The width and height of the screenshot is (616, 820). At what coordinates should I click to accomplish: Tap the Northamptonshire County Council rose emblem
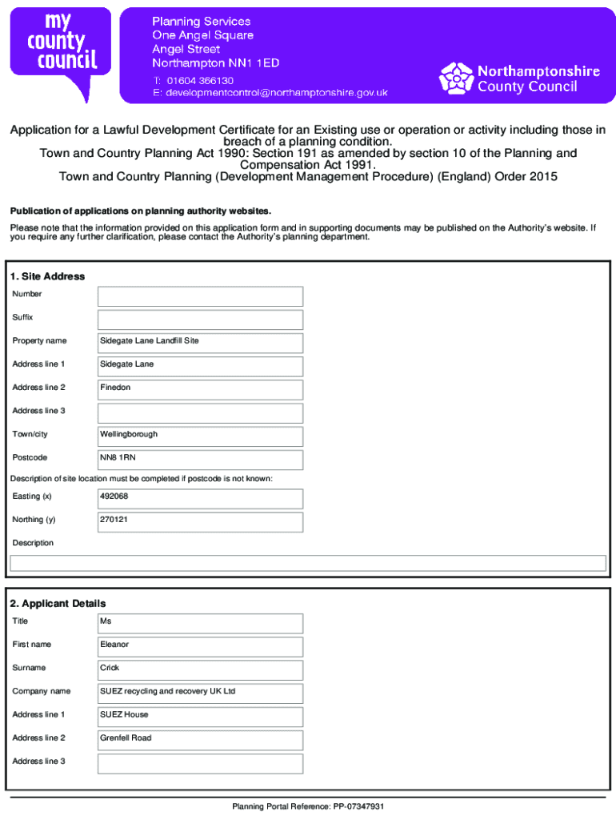coord(456,78)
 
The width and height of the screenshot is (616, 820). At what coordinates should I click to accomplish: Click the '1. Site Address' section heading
coord(47,276)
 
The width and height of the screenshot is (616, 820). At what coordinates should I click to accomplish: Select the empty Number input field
coord(200,296)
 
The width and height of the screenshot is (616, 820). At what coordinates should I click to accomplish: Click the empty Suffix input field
coord(200,320)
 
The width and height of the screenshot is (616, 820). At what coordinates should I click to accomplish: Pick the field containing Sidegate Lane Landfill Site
coord(200,343)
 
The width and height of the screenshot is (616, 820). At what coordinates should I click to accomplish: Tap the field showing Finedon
coord(200,390)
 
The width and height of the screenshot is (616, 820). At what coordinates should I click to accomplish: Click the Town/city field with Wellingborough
coord(200,436)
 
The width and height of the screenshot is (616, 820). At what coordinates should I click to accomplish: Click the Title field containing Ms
coord(200,623)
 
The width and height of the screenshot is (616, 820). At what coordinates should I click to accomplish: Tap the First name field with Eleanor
coord(200,646)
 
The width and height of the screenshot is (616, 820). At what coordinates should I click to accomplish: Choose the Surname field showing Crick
coord(200,669)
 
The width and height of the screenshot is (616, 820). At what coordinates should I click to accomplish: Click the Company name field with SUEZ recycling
coord(200,693)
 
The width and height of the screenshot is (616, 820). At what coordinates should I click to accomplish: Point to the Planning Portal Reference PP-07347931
coord(308,806)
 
